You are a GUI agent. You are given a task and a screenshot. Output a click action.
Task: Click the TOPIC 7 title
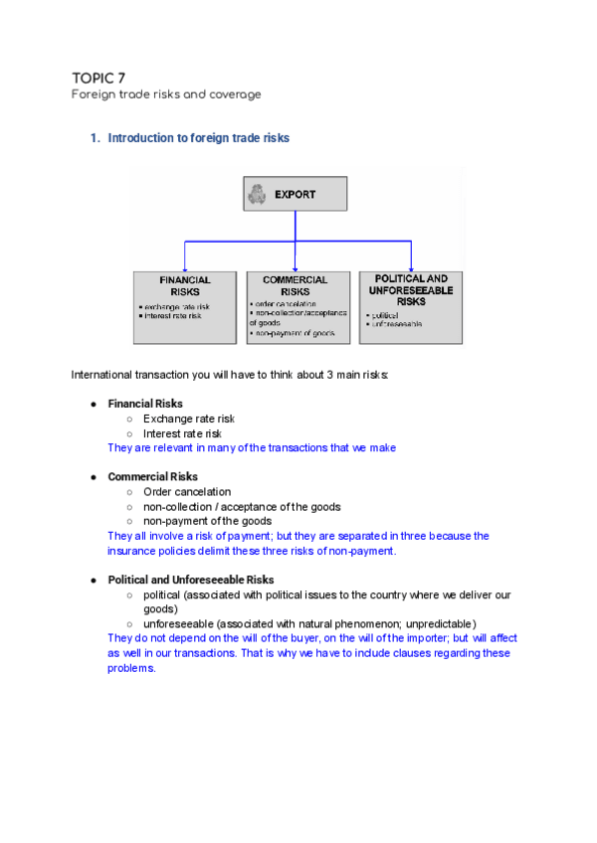pos(99,78)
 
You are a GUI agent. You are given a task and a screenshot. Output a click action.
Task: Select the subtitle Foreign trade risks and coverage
pos(166,94)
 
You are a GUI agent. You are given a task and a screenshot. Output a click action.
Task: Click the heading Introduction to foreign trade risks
pos(198,138)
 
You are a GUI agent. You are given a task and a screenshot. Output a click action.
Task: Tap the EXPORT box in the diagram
pos(295,194)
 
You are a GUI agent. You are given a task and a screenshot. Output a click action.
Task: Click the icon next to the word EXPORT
pos(258,194)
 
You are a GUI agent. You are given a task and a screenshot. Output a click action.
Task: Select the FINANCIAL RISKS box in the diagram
pos(185,307)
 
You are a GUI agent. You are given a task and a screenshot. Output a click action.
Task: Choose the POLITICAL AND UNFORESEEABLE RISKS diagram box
pos(411,307)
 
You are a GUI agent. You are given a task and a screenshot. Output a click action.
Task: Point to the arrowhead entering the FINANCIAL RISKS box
pos(185,267)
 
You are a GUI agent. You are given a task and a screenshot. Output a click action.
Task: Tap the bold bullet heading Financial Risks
pos(145,405)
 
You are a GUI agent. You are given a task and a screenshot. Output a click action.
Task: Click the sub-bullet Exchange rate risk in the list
pos(188,420)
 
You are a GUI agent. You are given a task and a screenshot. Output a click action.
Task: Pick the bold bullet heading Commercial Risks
pos(152,477)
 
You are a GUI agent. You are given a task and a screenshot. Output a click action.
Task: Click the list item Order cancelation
pos(187,491)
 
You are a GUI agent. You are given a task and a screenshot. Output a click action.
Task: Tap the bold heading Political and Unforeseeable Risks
pos(191,580)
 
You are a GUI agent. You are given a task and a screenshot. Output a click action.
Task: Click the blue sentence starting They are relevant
pos(251,448)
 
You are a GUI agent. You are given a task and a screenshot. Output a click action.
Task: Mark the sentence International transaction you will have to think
pos(230,375)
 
